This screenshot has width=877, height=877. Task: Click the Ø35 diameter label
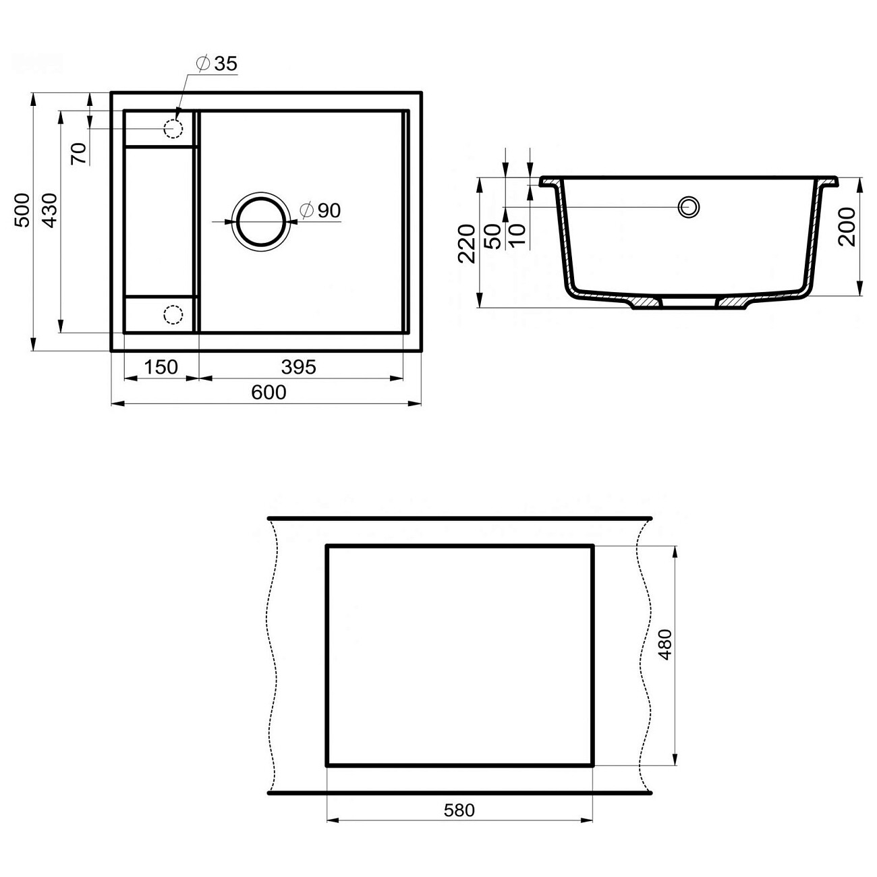coord(217,63)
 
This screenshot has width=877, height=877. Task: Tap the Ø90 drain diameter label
coord(320,210)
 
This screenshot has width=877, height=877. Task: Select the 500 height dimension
coord(22,210)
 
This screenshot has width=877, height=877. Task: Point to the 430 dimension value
coord(49,210)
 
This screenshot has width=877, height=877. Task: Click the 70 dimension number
coord(78,154)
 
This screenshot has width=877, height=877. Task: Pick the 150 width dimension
coord(161,367)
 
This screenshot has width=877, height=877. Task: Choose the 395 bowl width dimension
coord(298,367)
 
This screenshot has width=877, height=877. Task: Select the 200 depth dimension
coord(849,227)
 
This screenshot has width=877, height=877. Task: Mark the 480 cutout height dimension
coord(665,644)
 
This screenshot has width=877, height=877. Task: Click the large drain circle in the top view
coord(259,222)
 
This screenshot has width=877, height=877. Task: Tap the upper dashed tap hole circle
coord(173,128)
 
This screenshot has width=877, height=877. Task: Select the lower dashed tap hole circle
coord(173,314)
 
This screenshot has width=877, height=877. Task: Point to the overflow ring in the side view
coord(689,206)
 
